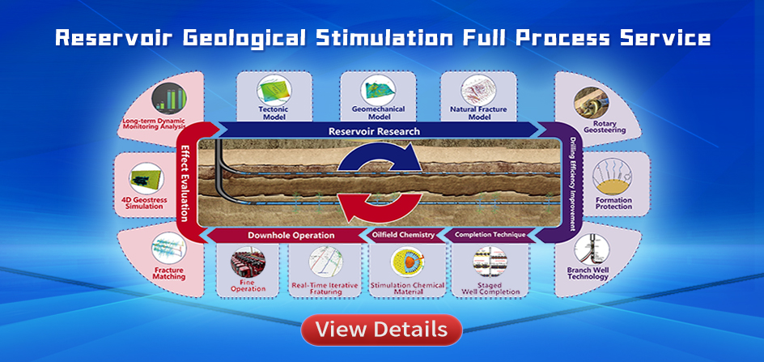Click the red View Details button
[381, 330]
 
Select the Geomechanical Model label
[378, 113]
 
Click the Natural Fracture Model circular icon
[478, 91]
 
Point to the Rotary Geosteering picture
[591, 103]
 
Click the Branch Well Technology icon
[592, 249]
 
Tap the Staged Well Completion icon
[490, 262]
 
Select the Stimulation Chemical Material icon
[407, 262]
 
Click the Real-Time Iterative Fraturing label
[325, 288]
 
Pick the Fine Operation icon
[248, 262]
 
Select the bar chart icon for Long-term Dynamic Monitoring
[169, 98]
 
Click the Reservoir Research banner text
[374, 131]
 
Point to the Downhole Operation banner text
[291, 235]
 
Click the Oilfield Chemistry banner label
[403, 235]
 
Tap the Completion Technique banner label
[490, 235]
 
